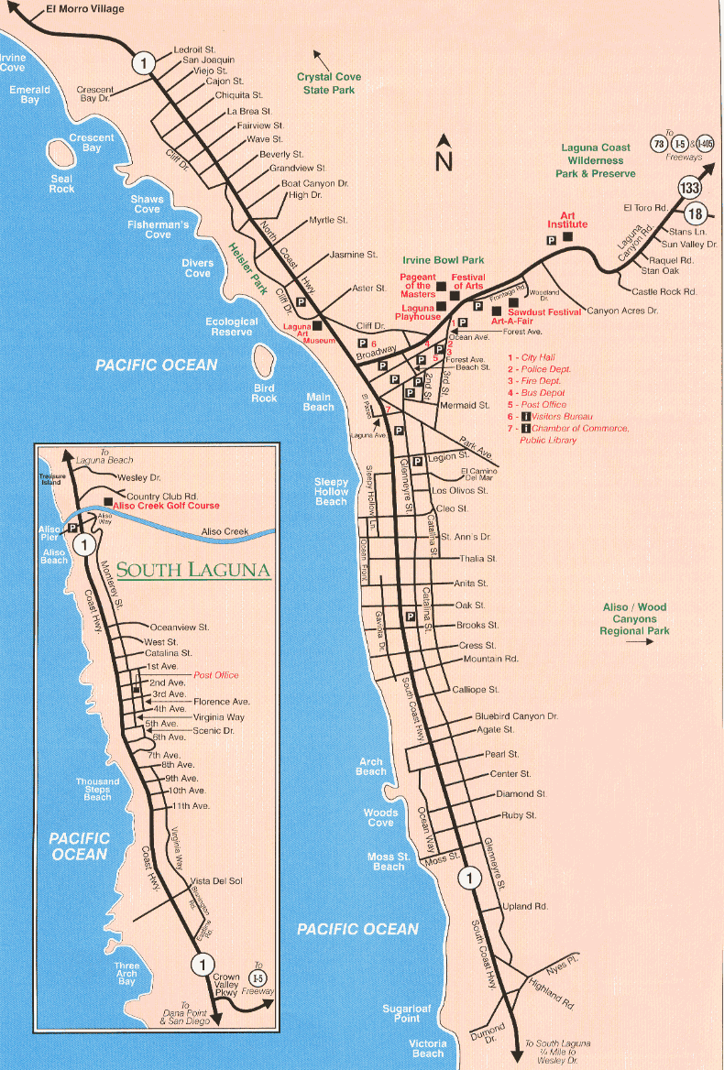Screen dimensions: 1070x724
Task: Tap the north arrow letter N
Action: coord(444,160)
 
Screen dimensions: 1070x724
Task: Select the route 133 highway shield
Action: coord(690,188)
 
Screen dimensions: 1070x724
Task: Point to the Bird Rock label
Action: coord(264,393)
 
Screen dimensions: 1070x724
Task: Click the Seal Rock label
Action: coord(62,184)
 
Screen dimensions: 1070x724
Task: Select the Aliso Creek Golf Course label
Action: coord(168,506)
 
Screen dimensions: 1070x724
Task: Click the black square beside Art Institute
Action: coord(568,237)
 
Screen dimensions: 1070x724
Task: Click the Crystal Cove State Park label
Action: coord(325,83)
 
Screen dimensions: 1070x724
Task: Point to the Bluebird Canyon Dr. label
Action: coord(516,716)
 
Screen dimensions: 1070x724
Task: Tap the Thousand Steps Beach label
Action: coord(98,789)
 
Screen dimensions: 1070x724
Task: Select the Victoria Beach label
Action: coord(428,1048)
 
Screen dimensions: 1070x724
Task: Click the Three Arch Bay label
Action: coord(126,974)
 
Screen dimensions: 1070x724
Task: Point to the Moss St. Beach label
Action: coord(389,861)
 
